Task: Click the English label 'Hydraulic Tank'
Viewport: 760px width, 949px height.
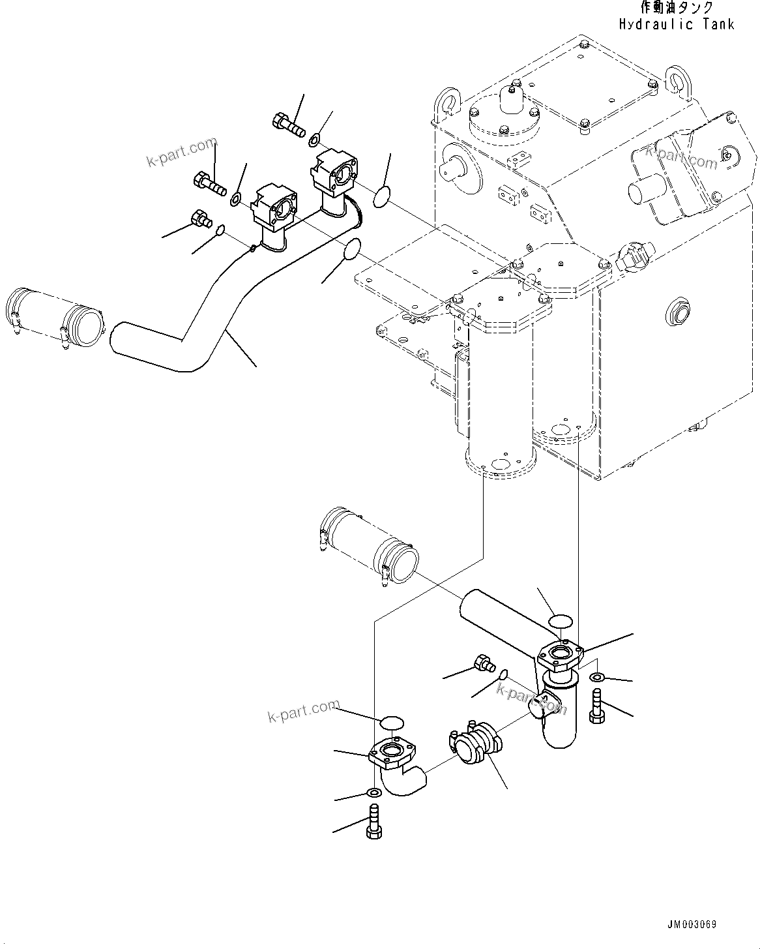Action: tap(677, 24)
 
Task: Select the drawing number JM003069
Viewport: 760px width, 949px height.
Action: tap(692, 925)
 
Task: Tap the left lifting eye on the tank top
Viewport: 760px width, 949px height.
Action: tap(448, 100)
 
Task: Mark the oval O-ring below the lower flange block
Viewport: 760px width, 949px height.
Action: tap(351, 249)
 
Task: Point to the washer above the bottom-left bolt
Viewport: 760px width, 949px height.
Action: tap(374, 792)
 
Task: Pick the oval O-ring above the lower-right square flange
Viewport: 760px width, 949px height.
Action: tap(560, 620)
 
